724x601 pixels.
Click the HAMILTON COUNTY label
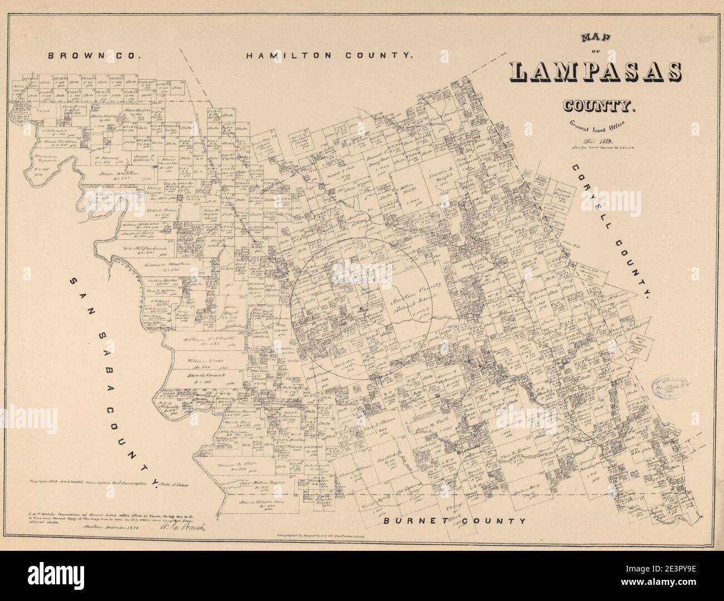click(331, 56)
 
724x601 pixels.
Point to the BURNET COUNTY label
click(454, 521)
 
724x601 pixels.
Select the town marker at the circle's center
click(361, 308)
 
